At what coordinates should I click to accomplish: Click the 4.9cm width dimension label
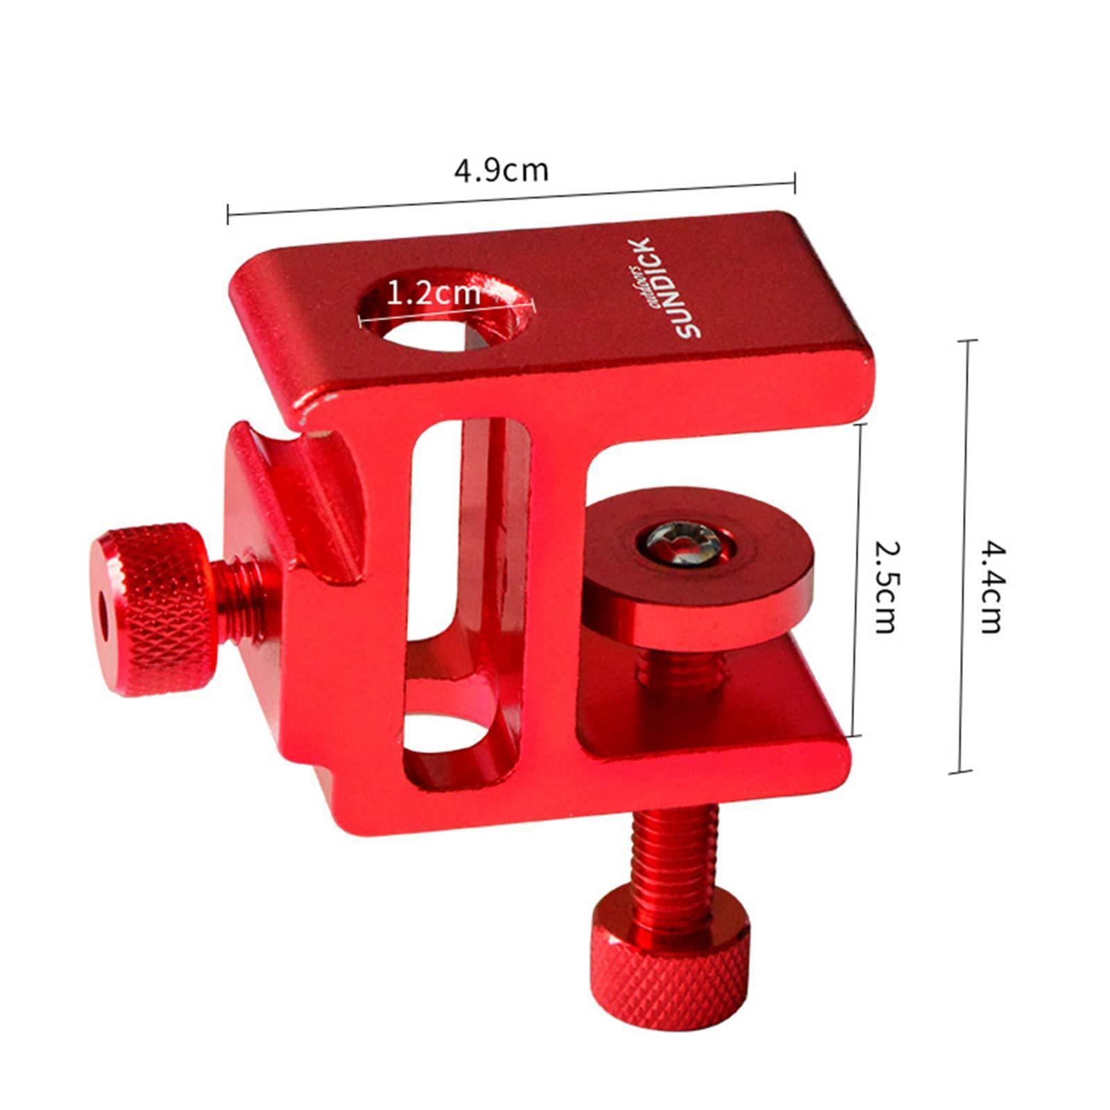coord(501,170)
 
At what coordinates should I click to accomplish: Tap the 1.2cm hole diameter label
coord(433,293)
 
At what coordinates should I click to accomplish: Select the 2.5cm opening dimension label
coord(885,586)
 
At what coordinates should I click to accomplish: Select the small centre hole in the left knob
coord(105,615)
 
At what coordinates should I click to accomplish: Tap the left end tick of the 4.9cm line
coord(228,214)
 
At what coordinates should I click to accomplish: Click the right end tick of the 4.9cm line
coord(794,183)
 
